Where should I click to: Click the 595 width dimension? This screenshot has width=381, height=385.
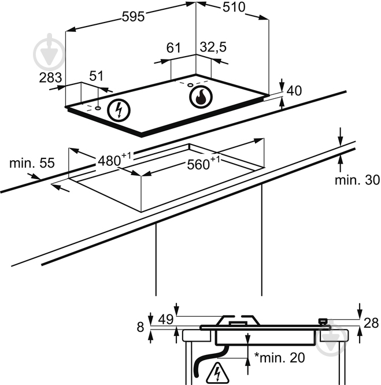133,17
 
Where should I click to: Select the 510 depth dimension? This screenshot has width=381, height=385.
234,7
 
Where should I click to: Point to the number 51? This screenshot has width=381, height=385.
97,76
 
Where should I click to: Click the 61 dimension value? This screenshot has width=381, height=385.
173,48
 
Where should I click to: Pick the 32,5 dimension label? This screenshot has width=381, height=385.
213,48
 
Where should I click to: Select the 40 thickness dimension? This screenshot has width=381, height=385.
294,91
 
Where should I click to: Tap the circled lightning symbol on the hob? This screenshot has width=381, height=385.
119,110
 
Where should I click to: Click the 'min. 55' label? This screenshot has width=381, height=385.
32,163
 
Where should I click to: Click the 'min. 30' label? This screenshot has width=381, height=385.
357,180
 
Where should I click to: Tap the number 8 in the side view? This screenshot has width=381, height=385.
140,327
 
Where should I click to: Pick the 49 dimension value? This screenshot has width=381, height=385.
166,319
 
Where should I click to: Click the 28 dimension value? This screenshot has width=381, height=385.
370,323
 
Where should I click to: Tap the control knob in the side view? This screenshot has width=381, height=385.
324,321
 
